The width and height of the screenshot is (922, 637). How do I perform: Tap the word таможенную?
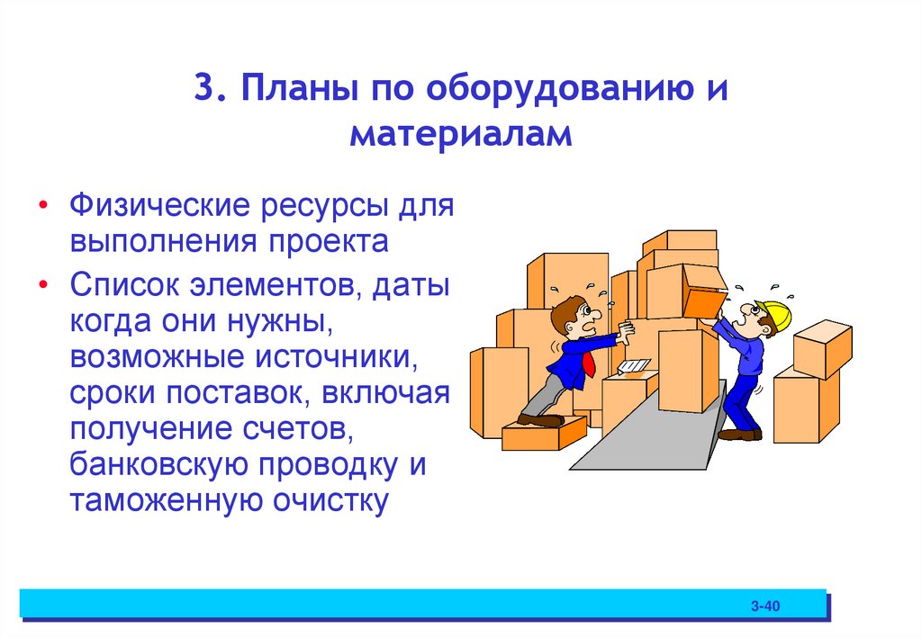point(158,501)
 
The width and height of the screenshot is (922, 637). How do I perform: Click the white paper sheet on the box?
point(633,366)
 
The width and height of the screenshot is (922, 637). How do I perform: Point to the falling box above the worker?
point(704,290)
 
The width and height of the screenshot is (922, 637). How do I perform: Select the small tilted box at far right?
point(821,347)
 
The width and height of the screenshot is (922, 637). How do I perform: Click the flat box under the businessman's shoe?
point(543,435)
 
